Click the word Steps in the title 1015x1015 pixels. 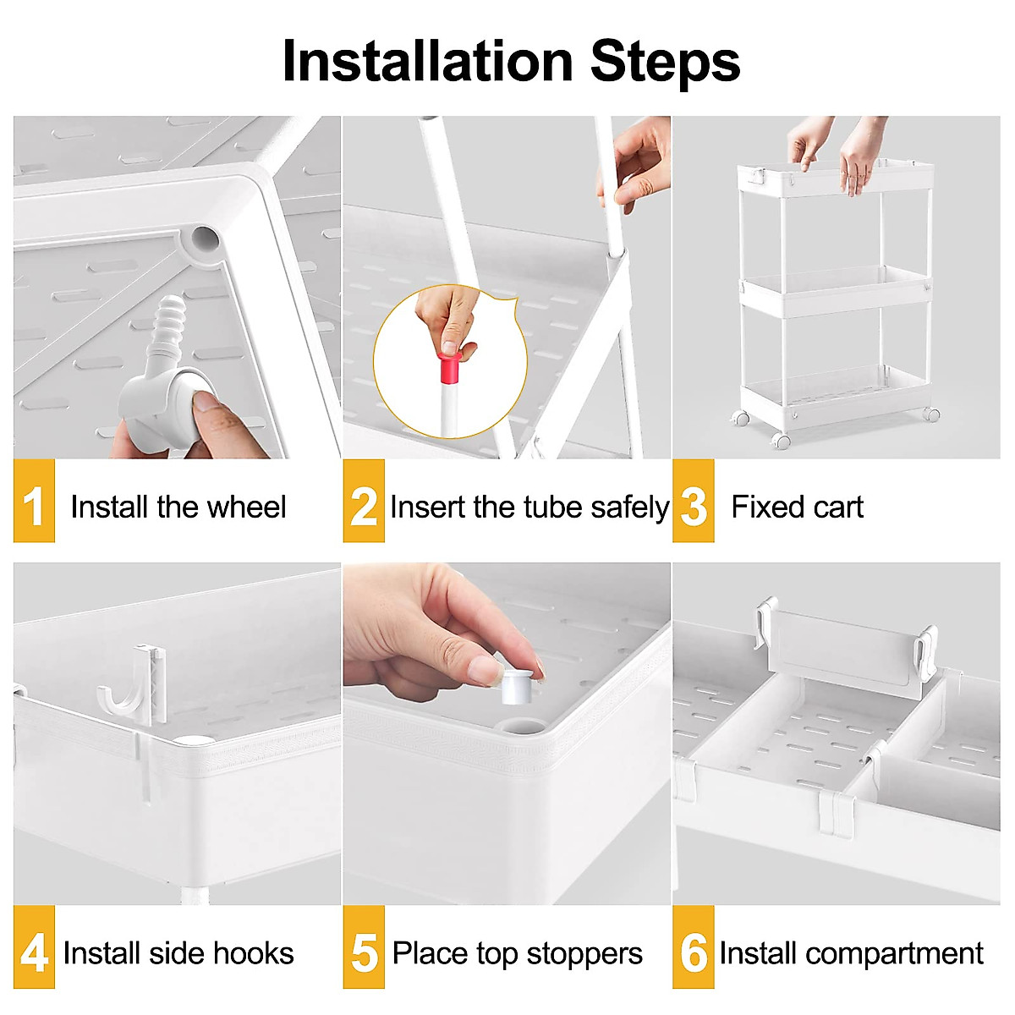(x=665, y=62)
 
